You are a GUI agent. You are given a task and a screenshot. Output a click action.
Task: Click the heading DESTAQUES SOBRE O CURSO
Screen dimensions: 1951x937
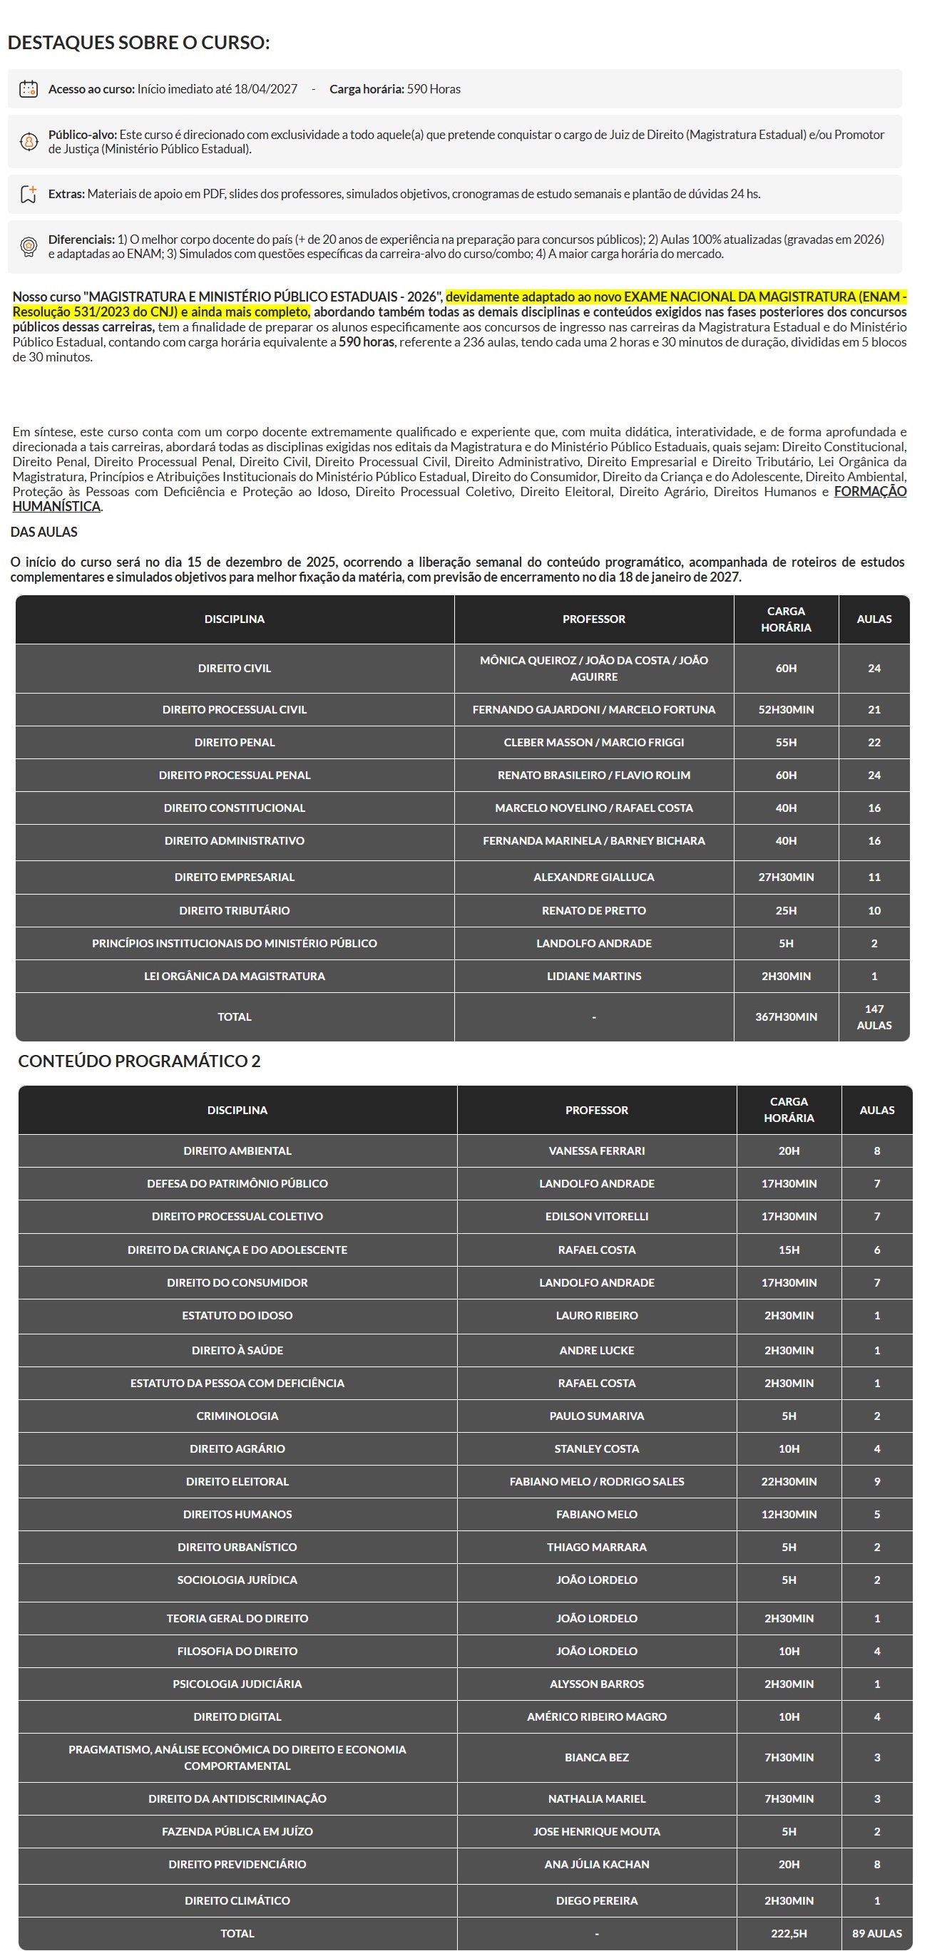tap(138, 43)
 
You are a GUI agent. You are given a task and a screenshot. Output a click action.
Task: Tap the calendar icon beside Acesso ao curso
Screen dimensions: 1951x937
tap(29, 88)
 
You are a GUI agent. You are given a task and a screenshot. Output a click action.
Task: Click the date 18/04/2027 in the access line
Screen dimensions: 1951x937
tap(265, 88)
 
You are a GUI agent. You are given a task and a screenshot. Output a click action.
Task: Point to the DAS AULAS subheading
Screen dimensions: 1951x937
tap(44, 532)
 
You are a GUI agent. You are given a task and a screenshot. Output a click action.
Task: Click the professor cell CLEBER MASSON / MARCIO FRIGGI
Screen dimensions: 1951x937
tap(593, 742)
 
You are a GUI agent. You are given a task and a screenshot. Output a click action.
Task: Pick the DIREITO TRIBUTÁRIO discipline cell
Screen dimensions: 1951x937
tap(234, 910)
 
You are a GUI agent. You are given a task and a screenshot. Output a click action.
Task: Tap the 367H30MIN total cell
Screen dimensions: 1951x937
tap(786, 1016)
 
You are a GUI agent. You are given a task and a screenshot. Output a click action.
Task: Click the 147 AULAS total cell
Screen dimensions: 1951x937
tap(874, 1016)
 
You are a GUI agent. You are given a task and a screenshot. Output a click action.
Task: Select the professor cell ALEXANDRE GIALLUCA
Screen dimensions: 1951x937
tap(593, 877)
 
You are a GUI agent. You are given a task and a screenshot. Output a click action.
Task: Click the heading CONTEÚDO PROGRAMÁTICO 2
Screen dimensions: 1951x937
tap(139, 1061)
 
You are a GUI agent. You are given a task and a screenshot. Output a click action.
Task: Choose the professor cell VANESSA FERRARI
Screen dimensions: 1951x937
tap(596, 1150)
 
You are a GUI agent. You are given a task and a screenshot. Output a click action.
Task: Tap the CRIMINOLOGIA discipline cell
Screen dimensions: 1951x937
tap(237, 1416)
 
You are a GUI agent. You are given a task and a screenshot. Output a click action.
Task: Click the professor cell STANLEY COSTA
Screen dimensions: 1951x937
tap(596, 1448)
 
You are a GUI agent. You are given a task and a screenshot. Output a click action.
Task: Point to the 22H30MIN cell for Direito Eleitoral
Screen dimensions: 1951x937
tap(789, 1481)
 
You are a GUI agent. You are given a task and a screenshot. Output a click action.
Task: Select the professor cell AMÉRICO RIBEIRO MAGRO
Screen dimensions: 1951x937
tap(596, 1716)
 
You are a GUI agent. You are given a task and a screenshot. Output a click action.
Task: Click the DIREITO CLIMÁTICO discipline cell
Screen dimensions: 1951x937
tap(237, 1900)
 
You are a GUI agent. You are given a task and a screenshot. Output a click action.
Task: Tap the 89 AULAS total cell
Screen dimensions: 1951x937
tap(876, 1933)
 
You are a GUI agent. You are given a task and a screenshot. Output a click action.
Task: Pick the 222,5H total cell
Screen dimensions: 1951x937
tap(789, 1933)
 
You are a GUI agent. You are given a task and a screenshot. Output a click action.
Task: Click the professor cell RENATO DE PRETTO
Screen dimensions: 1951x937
tap(593, 910)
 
